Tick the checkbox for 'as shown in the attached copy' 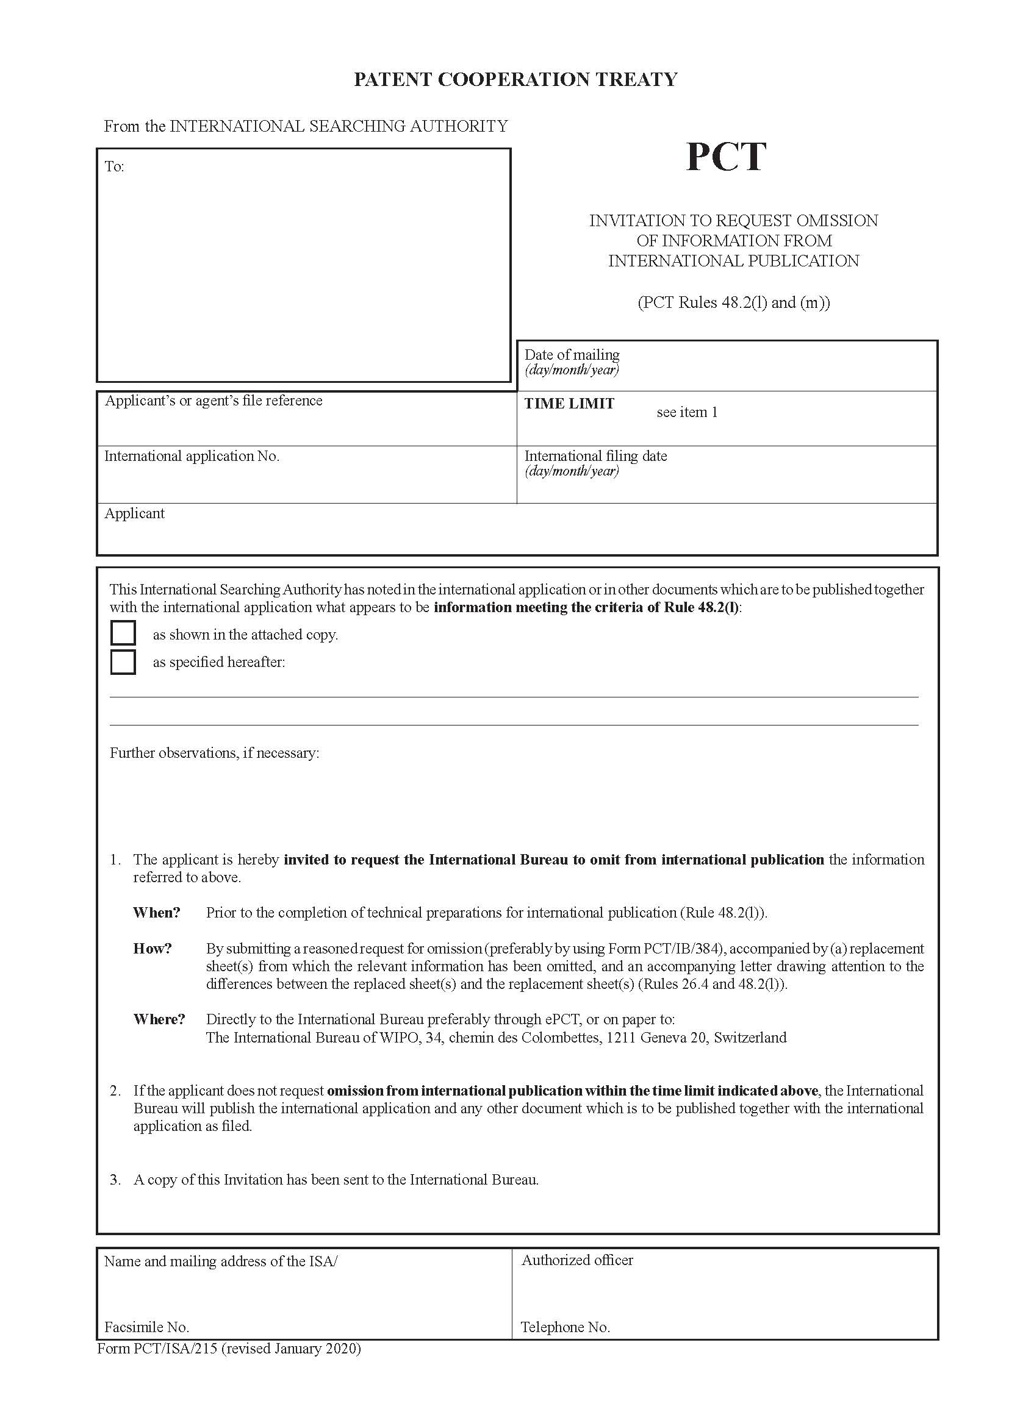tap(123, 633)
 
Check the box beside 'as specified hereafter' tap(123, 661)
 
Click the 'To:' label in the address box tap(114, 166)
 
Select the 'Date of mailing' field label tap(572, 355)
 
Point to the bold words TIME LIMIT tap(569, 404)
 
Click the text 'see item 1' tap(686, 412)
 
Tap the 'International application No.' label tap(192, 457)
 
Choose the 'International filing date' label tap(595, 456)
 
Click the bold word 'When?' tap(157, 913)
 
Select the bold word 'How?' tap(153, 949)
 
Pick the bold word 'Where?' tap(159, 1019)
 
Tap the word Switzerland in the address tap(750, 1037)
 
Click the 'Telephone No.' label tap(566, 1327)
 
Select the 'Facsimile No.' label tap(146, 1327)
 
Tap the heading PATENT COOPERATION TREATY tap(515, 79)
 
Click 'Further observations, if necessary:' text tap(214, 753)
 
